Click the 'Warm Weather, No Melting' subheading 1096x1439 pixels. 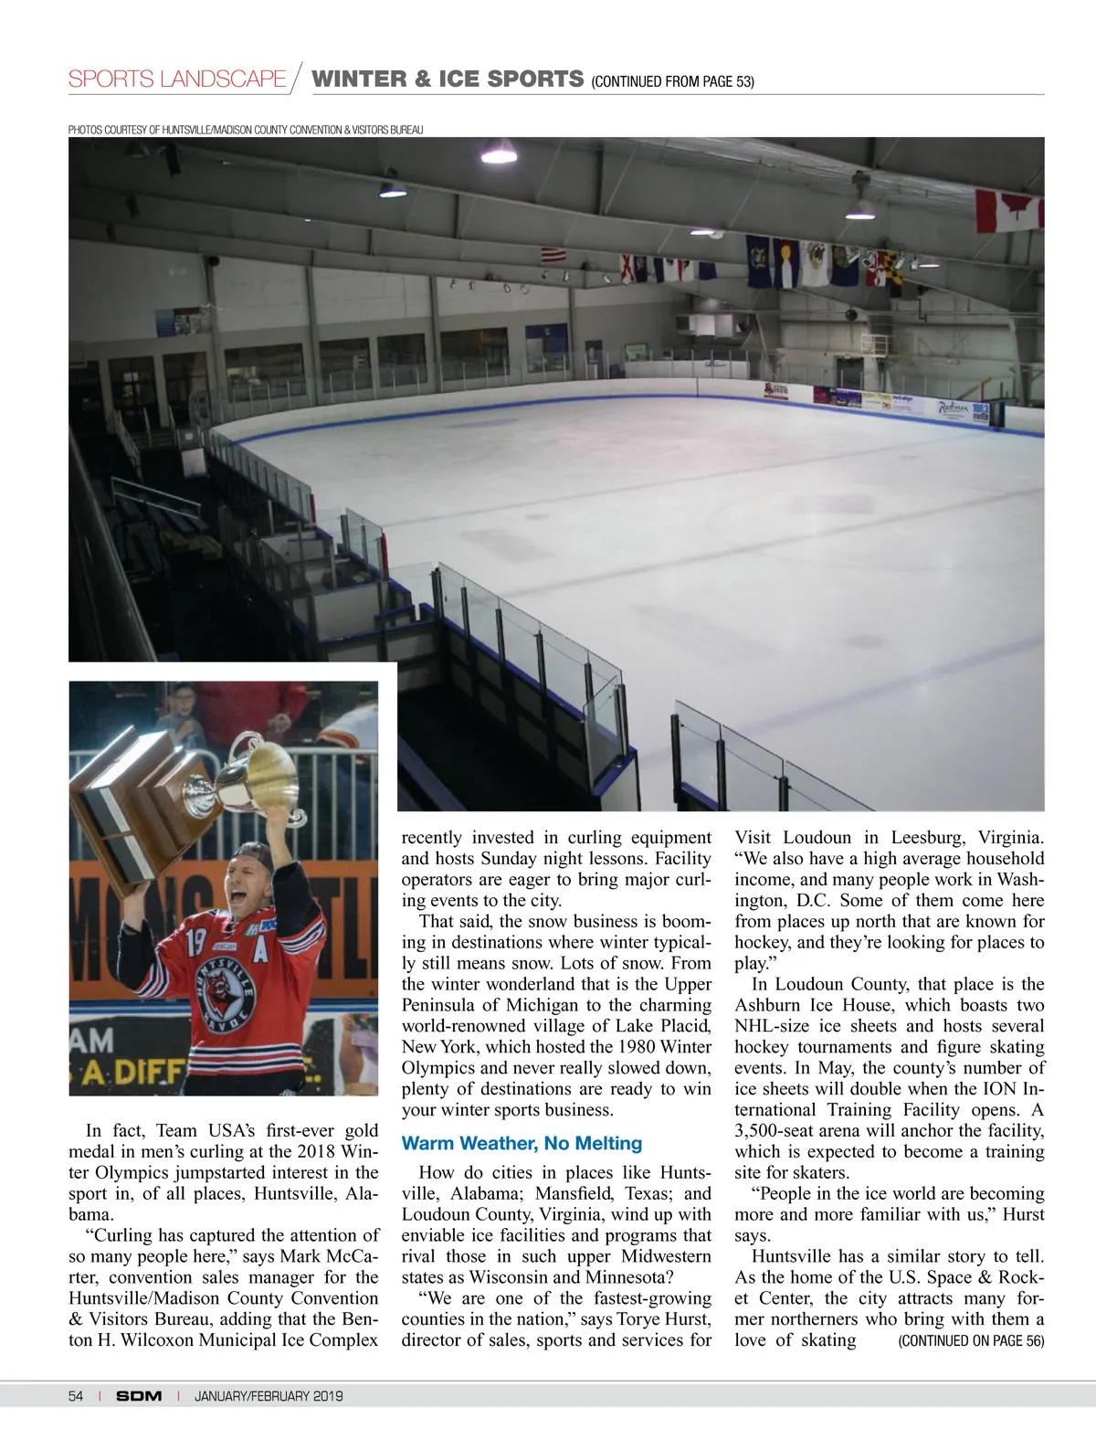[522, 1143]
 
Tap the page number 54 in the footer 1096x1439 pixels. [76, 1395]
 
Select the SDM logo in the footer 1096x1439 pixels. [139, 1395]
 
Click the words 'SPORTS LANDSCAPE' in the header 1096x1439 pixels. [177, 79]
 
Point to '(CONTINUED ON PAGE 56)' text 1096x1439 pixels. [971, 1340]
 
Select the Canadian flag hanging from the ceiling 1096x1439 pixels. [1008, 211]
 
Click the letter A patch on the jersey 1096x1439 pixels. [260, 951]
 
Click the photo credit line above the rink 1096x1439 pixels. [246, 130]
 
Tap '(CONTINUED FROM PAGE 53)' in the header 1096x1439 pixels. [672, 81]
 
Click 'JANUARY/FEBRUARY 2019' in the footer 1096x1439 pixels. [269, 1395]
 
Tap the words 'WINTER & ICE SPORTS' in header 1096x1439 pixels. [448, 79]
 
